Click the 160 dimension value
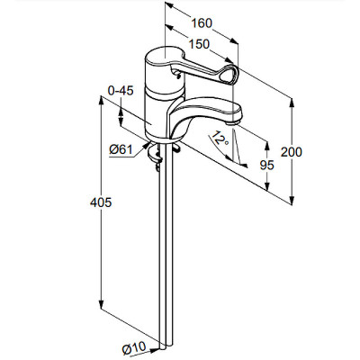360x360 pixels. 202,23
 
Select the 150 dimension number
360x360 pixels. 199,44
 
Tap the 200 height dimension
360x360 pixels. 292,152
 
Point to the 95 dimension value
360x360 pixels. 266,165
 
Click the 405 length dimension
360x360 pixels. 101,202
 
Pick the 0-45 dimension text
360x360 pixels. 121,91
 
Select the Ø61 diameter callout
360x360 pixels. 121,149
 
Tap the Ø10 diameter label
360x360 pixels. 134,348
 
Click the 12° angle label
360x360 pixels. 220,139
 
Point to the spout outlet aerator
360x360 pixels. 233,122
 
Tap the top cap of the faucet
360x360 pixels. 166,56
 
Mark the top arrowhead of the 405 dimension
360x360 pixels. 101,101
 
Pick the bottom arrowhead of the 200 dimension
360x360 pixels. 291,201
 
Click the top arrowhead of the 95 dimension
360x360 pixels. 266,146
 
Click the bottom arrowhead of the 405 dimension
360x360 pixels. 101,305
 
